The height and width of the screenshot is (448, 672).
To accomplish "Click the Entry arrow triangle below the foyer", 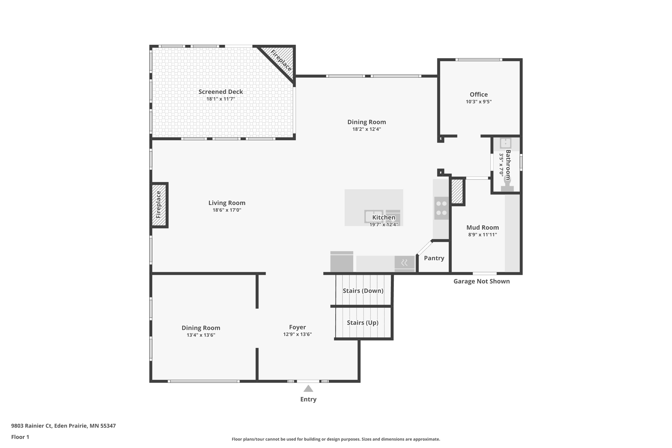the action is [308, 389].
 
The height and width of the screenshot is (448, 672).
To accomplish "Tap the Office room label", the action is [478, 95].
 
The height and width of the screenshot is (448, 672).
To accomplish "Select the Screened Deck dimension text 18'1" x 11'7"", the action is [220, 99].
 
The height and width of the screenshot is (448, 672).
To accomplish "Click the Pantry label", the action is [434, 258].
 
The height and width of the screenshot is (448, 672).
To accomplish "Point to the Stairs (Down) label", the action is [363, 291].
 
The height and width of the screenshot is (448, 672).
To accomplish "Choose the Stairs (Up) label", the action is [363, 323].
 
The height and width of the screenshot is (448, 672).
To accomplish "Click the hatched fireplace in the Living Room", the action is [159, 205].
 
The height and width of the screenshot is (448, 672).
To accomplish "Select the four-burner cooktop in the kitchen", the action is [441, 208].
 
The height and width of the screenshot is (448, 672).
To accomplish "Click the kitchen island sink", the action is [374, 216].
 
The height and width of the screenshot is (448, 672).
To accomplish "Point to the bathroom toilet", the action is [507, 184].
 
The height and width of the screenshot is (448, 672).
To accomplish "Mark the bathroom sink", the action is [505, 143].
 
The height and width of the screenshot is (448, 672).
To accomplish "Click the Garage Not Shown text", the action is [481, 281].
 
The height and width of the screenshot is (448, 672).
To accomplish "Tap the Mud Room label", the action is [482, 227].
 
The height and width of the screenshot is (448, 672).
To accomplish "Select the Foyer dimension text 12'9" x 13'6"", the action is [297, 334].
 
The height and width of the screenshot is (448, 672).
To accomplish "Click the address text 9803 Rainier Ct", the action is [31, 426].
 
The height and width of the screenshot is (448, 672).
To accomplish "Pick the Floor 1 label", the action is [20, 437].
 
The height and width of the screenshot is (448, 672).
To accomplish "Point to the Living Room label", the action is [227, 203].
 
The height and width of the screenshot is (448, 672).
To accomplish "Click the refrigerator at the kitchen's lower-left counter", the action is [342, 262].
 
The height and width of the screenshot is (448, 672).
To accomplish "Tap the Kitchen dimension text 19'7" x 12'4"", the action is [384, 224].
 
